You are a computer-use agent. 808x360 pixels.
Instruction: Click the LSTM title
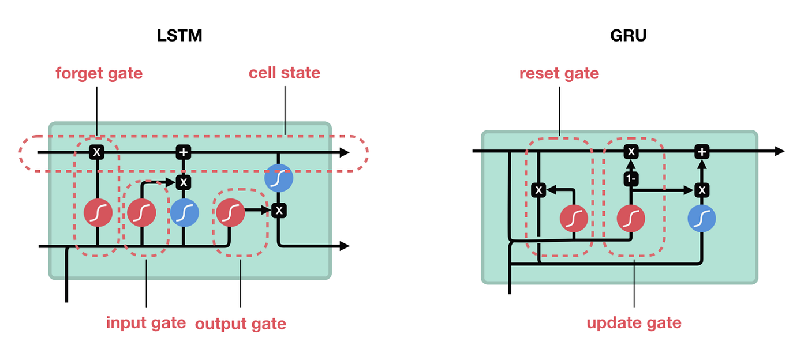pyautogui.click(x=179, y=35)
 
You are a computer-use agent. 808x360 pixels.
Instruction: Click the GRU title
pyautogui.click(x=628, y=35)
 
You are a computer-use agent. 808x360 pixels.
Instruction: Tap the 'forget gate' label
pyautogui.click(x=99, y=74)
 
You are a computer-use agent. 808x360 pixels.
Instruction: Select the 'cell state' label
pyautogui.click(x=285, y=73)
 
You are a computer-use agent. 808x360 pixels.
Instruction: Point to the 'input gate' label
pyautogui.click(x=146, y=323)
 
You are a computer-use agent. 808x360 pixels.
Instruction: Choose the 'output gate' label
pyautogui.click(x=241, y=324)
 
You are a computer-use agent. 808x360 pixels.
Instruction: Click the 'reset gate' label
pyautogui.click(x=559, y=74)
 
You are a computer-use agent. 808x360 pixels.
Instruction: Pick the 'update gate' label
pyautogui.click(x=634, y=323)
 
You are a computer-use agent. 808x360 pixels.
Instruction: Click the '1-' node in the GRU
pyautogui.click(x=631, y=178)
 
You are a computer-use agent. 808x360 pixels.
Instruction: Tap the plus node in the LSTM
pyautogui.click(x=184, y=152)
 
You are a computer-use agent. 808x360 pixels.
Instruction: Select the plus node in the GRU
pyautogui.click(x=702, y=152)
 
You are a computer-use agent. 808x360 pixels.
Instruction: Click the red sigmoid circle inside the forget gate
pyautogui.click(x=98, y=213)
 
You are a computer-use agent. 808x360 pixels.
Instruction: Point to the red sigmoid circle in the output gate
pyautogui.click(x=230, y=213)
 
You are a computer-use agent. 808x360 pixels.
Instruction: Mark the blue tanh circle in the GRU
pyautogui.click(x=702, y=218)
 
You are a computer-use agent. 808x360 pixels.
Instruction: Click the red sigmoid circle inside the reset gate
pyautogui.click(x=574, y=218)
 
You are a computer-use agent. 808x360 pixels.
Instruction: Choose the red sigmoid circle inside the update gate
pyautogui.click(x=631, y=218)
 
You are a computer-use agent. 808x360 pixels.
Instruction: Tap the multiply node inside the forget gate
pyautogui.click(x=97, y=152)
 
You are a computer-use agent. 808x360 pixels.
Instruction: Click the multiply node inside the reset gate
pyautogui.click(x=538, y=190)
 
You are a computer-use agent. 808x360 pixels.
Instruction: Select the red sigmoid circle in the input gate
pyautogui.click(x=141, y=213)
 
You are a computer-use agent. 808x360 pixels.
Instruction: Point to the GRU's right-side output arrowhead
pyautogui.click(x=779, y=151)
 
